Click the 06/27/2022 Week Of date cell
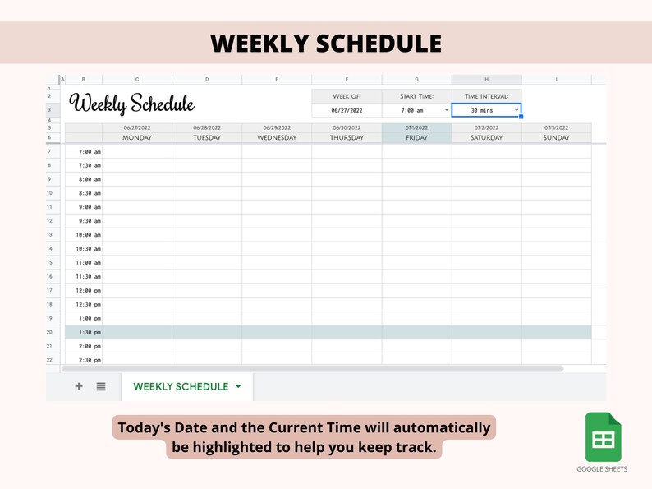347,110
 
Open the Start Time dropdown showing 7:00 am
447,110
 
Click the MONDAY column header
137,138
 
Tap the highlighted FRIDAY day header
416,138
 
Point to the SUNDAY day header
556,138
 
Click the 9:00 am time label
90,207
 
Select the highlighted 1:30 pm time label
90,332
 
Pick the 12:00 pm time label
89,291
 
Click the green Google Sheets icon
603,437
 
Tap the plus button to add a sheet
79,386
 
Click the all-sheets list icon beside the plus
101,386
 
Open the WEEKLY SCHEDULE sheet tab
181,386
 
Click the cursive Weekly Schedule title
132,104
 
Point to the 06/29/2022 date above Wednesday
277,128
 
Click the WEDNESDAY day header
277,138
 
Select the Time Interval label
486,96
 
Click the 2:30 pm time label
90,360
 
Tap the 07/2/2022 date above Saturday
486,128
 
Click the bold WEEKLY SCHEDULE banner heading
326,44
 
